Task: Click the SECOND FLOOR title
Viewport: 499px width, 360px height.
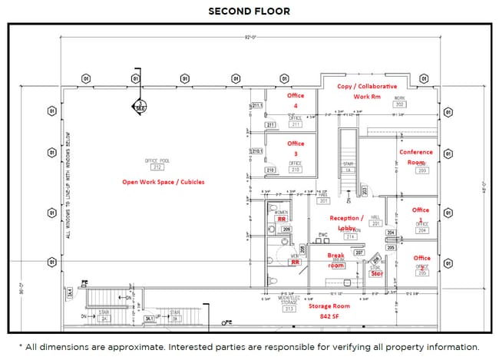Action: [x=249, y=12]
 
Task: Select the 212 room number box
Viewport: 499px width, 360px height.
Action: [x=157, y=167]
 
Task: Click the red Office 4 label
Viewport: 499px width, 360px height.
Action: [x=296, y=101]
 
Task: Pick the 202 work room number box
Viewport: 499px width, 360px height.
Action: [x=400, y=104]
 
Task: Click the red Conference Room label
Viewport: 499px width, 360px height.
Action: [x=415, y=157]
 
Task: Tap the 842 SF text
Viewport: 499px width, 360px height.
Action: [x=330, y=316]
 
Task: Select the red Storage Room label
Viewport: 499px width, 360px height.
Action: [x=330, y=306]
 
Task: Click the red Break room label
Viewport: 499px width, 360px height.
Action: [x=337, y=259]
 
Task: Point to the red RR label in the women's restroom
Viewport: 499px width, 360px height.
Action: [x=281, y=219]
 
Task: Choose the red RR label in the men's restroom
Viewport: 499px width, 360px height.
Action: [x=295, y=262]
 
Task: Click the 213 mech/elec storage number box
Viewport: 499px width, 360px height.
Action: [x=289, y=309]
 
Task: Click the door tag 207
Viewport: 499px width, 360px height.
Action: [x=359, y=252]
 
